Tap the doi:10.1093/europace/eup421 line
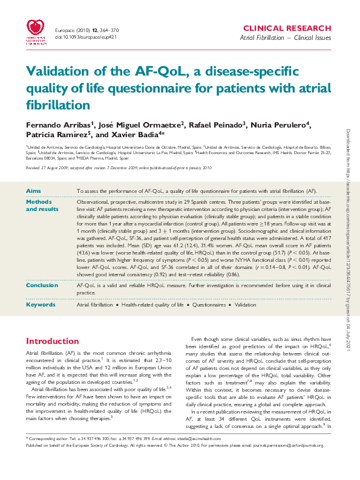pyautogui.click(x=80, y=36)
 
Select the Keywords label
pyautogui.click(x=42, y=304)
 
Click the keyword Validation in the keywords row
pyautogui.click(x=245, y=305)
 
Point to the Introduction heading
pyautogui.click(x=53, y=341)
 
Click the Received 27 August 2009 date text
pyautogui.click(x=48, y=167)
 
